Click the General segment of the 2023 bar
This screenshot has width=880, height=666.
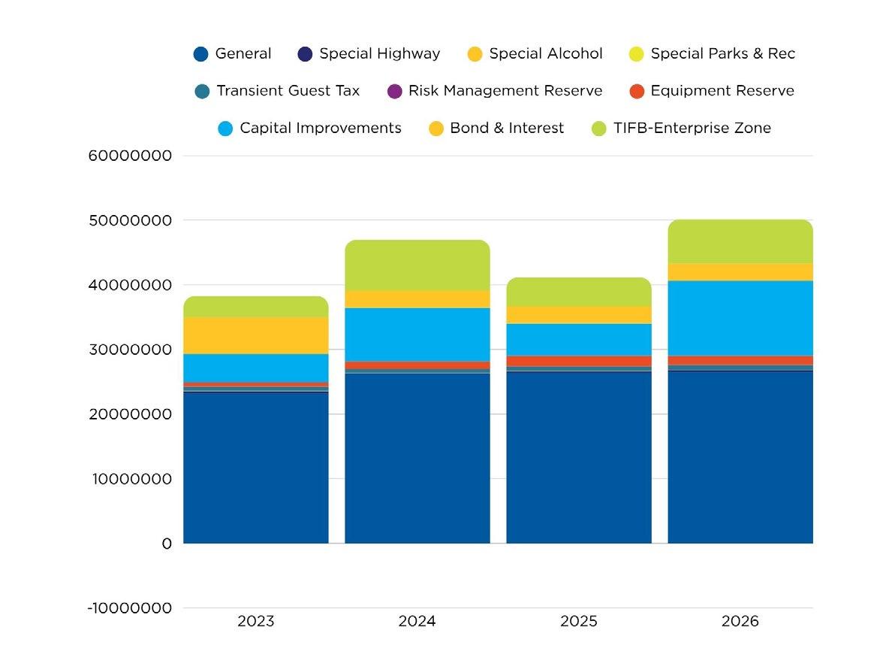255,466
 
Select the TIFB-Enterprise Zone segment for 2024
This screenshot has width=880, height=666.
417,265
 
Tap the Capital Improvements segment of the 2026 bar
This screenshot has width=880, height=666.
740,318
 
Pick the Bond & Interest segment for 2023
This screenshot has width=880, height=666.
255,335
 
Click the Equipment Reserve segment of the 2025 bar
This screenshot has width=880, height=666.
578,362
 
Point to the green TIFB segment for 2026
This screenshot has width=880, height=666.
740,241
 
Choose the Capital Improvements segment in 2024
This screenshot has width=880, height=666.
417,335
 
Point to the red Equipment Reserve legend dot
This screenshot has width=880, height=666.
637,92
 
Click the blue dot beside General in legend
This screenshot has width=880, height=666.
200,54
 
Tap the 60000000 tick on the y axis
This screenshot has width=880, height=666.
130,156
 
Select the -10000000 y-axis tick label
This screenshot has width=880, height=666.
130,608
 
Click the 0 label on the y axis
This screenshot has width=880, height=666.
167,543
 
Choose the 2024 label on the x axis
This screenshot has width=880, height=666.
417,622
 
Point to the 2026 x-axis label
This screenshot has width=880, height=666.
740,622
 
